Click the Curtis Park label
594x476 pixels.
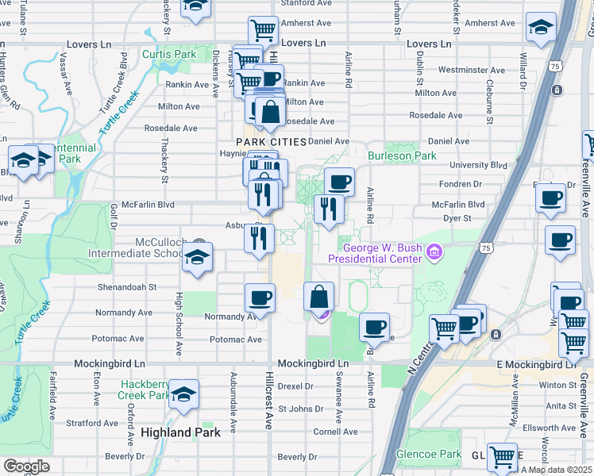pyautogui.click(x=168, y=55)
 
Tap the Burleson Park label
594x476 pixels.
pyautogui.click(x=402, y=156)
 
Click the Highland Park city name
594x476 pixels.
pyautogui.click(x=180, y=432)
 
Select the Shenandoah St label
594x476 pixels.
pyautogui.click(x=127, y=287)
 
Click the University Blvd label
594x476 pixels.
pyautogui.click(x=478, y=165)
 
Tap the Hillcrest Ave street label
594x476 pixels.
pyautogui.click(x=270, y=401)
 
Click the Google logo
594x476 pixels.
pyautogui.click(x=25, y=466)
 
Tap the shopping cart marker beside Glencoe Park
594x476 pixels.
pyautogui.click(x=502, y=457)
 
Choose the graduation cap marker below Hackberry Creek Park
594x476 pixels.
pyautogui.click(x=183, y=394)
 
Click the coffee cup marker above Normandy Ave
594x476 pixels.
pyautogui.click(x=260, y=298)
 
